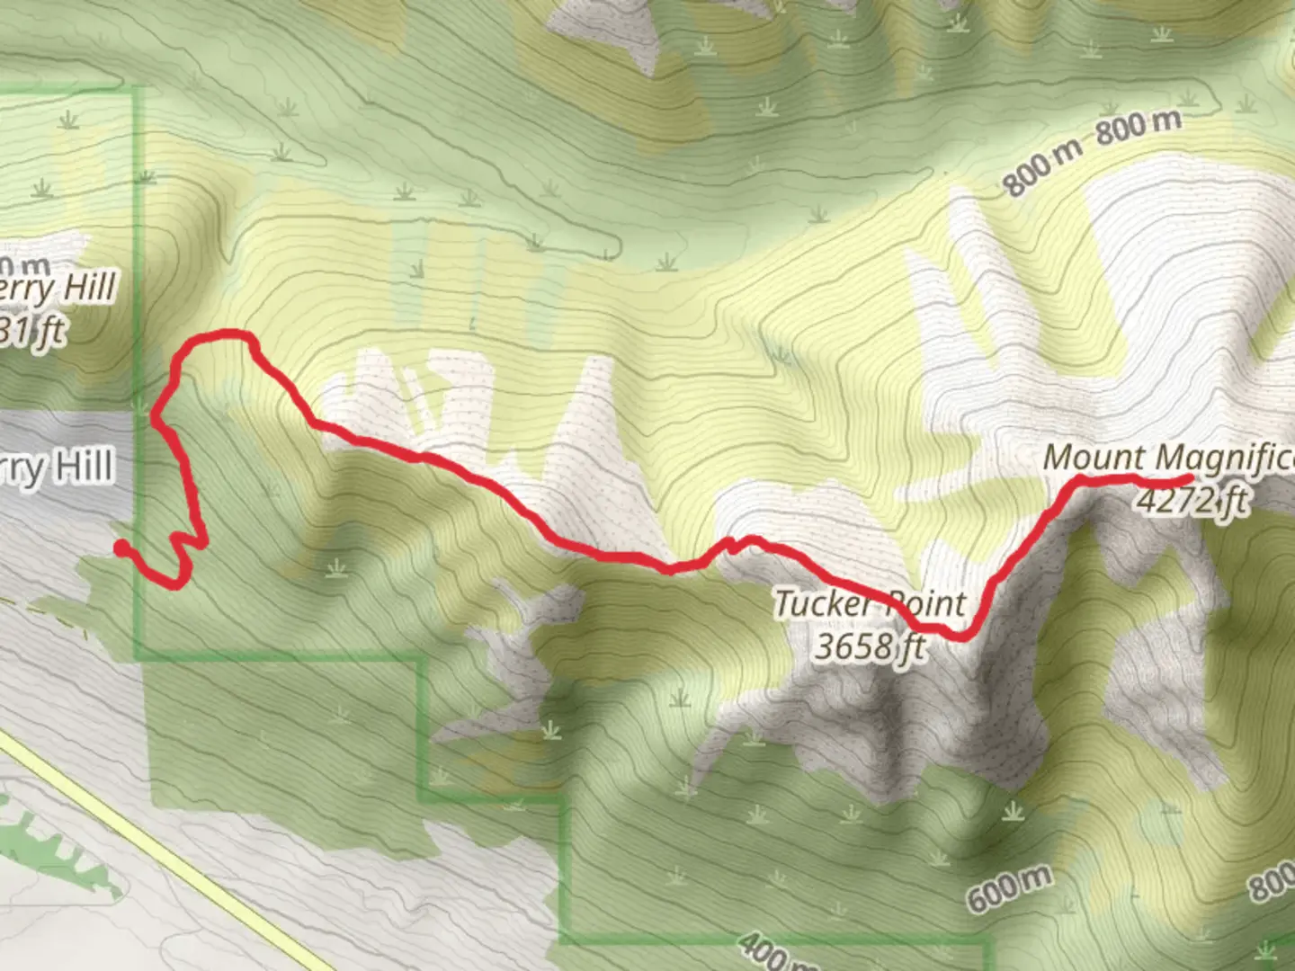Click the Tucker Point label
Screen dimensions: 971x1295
click(870, 604)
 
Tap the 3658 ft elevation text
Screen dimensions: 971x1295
click(870, 646)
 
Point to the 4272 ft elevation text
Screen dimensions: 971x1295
click(1192, 499)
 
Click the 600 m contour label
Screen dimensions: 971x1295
click(1009, 888)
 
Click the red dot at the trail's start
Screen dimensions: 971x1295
click(121, 548)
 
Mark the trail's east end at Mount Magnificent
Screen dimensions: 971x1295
click(1189, 477)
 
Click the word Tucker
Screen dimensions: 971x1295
click(826, 604)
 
